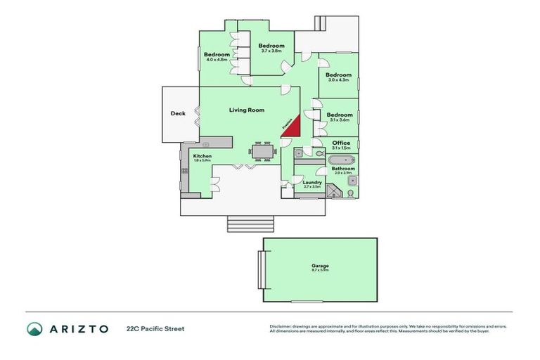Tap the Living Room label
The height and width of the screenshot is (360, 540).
tap(246, 110)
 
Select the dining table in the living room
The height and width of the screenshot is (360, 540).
tap(262, 151)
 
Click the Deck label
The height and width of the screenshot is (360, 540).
tap(178, 113)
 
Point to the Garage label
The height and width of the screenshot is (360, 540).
tap(320, 266)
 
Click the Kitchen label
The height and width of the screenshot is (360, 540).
tap(202, 155)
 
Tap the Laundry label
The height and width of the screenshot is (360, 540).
tap(312, 182)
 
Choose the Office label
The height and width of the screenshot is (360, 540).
tap(341, 143)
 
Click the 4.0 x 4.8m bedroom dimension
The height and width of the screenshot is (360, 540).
tap(218, 60)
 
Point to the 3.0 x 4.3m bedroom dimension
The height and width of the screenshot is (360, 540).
tap(339, 79)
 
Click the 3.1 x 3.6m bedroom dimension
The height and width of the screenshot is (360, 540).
tap(340, 120)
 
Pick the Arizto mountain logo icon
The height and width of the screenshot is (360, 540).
tap(34, 328)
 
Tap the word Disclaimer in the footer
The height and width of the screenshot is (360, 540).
tap(280, 326)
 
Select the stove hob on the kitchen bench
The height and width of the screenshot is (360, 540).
tap(185, 170)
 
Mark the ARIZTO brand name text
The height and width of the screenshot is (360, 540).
tap(79, 328)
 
